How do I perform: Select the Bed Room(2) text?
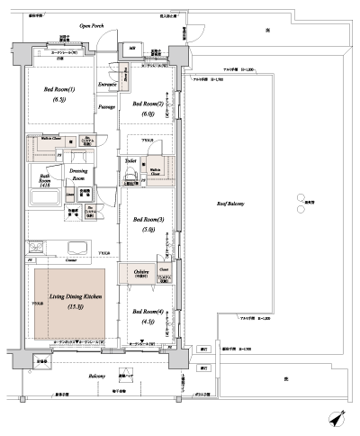(149, 104)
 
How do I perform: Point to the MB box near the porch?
(131, 48)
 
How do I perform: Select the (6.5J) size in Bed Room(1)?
(60, 102)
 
